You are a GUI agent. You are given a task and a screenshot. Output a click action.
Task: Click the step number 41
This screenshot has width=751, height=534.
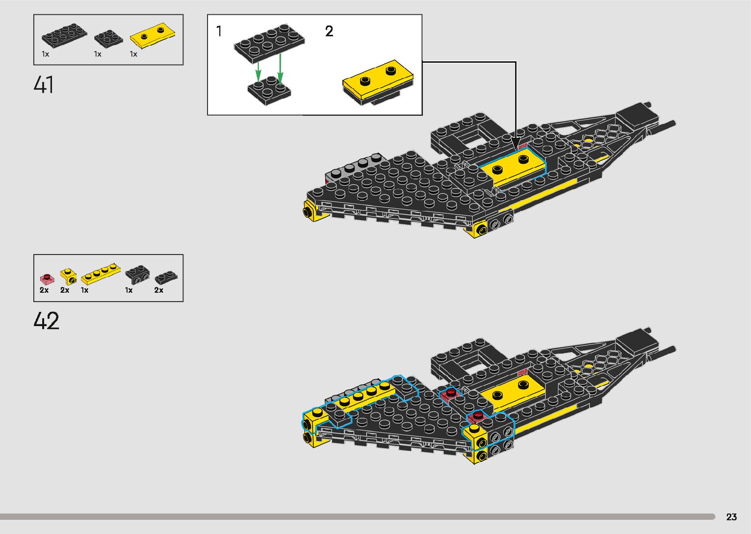click(44, 85)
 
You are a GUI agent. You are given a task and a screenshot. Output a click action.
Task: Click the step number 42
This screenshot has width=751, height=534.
click(46, 321)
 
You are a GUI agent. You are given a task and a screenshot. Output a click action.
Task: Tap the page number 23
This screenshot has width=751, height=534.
click(731, 517)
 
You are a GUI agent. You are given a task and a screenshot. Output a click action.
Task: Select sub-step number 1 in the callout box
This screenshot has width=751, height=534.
click(219, 31)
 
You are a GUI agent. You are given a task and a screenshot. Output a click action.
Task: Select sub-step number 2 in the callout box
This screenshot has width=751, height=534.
click(329, 31)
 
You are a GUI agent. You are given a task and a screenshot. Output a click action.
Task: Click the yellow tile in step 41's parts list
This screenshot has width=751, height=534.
click(154, 36)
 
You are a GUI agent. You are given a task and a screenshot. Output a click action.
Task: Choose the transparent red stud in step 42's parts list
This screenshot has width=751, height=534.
click(47, 279)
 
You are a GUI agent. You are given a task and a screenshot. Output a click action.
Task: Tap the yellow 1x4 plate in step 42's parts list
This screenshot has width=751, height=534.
click(101, 275)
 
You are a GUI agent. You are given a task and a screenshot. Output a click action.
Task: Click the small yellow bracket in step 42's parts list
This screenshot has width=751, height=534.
click(68, 277)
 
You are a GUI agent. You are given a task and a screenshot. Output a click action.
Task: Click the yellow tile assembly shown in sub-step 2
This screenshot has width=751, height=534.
click(378, 82)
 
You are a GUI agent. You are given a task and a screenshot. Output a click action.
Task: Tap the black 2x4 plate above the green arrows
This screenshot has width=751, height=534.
click(269, 40)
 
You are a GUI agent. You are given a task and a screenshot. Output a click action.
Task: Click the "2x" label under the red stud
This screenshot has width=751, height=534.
click(44, 290)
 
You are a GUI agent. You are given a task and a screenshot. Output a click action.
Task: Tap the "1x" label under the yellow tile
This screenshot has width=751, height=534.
click(133, 54)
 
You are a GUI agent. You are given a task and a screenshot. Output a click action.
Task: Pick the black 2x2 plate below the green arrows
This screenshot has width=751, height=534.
click(269, 90)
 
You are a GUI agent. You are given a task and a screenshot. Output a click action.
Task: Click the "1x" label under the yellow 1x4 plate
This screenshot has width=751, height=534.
click(85, 290)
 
